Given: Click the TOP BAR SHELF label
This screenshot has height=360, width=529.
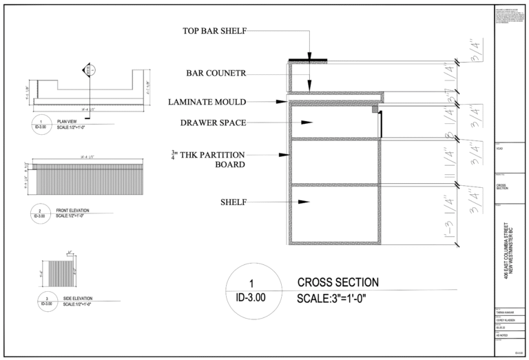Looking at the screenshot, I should (x=214, y=31).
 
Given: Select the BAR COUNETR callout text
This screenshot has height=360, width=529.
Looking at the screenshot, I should (x=216, y=73).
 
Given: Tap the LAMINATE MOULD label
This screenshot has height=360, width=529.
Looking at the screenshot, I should (x=207, y=102).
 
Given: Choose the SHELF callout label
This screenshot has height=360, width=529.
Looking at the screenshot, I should (x=233, y=202).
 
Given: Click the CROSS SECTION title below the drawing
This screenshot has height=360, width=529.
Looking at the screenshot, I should (x=338, y=282).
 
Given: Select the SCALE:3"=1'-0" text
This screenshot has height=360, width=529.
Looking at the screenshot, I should (x=341, y=299).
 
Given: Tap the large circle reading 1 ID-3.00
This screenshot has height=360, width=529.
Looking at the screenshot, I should (x=251, y=290).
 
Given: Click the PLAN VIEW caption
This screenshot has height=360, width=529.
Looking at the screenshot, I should (x=67, y=120).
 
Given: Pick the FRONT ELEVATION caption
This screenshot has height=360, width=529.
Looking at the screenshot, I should (x=72, y=210).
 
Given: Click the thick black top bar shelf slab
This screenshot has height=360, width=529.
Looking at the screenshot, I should (x=307, y=61).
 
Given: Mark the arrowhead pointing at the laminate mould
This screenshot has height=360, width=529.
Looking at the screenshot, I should (x=282, y=102).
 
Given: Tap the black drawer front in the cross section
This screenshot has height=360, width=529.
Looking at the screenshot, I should (x=380, y=123).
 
